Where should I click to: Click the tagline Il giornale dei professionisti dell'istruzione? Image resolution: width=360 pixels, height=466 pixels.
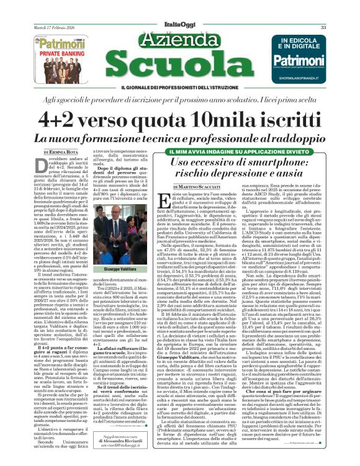pyautogui.click(x=179, y=88)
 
